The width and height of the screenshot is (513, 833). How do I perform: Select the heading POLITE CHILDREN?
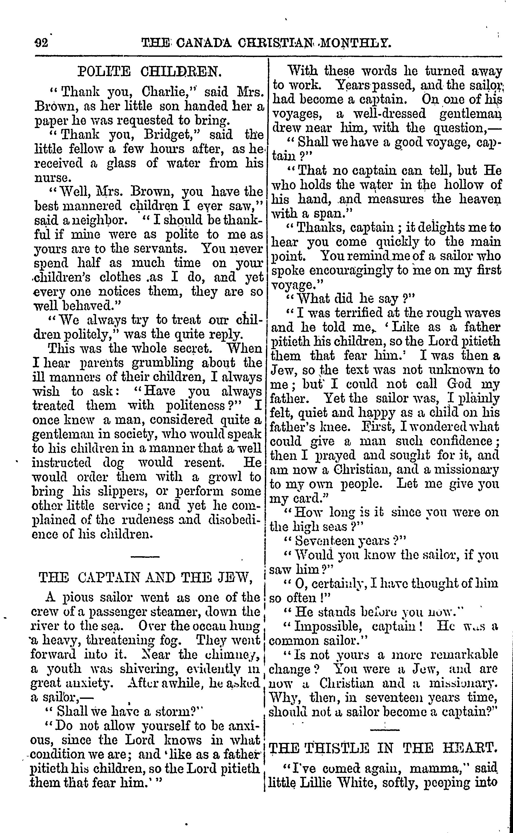[150, 72]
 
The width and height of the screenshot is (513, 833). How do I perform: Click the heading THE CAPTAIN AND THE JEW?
[146, 577]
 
